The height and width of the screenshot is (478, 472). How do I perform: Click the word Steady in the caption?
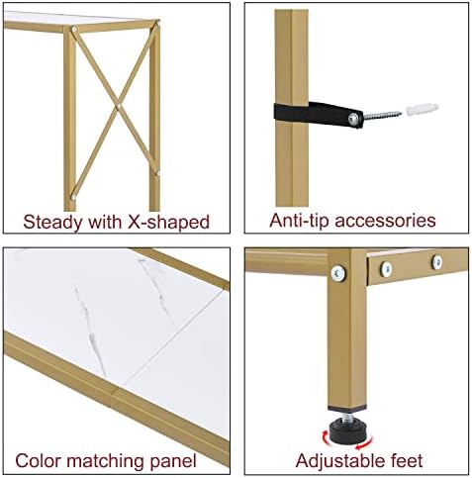click(x=53, y=223)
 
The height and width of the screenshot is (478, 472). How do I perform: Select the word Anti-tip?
click(x=300, y=220)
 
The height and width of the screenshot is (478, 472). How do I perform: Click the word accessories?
click(x=385, y=221)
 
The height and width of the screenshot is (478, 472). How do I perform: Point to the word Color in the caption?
click(x=38, y=460)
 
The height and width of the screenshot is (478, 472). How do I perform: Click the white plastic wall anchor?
click(x=423, y=109)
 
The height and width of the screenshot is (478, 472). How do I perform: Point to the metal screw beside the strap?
click(x=383, y=116)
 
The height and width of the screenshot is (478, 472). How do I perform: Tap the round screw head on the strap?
click(x=354, y=118)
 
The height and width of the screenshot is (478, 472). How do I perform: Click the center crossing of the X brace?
click(x=117, y=106)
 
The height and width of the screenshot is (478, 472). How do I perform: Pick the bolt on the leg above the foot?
click(x=338, y=273)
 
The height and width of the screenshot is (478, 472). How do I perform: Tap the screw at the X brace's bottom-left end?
click(x=74, y=197)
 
